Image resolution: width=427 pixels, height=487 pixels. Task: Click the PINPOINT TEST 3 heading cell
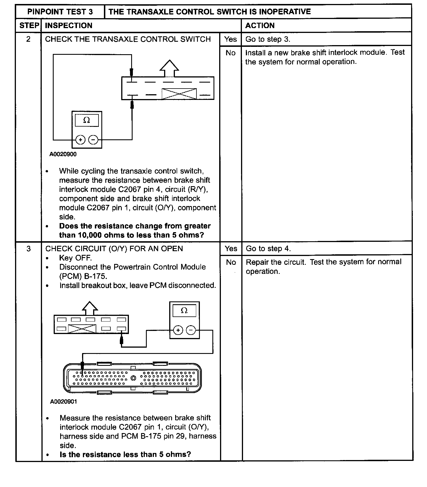(x=60, y=12)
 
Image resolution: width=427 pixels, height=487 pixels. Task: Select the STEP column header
(x=29, y=26)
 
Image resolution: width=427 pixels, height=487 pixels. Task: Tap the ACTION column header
(x=260, y=26)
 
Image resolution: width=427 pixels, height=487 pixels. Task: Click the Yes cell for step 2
(x=230, y=39)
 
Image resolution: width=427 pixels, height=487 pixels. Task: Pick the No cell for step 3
(x=231, y=262)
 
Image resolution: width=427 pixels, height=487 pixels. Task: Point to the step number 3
(x=28, y=249)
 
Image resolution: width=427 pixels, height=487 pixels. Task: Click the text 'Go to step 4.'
(x=268, y=249)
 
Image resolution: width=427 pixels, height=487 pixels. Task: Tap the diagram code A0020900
(x=63, y=154)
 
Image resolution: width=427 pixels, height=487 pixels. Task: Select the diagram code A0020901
(x=63, y=402)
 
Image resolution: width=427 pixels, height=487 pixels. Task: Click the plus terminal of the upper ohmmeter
(x=80, y=140)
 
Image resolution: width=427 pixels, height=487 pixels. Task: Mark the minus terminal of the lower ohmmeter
(x=191, y=330)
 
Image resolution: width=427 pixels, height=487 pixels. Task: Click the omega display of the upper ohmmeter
(x=87, y=120)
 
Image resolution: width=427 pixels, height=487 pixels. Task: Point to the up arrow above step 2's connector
(x=169, y=68)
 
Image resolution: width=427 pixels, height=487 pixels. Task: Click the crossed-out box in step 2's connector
(x=179, y=94)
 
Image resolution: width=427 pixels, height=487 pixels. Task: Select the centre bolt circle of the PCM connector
(x=133, y=378)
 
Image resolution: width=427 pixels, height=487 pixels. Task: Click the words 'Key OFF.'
(x=75, y=258)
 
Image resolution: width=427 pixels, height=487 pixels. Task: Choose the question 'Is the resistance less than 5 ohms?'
(x=125, y=454)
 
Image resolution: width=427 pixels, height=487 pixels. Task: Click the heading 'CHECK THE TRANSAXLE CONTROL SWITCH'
(x=128, y=39)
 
